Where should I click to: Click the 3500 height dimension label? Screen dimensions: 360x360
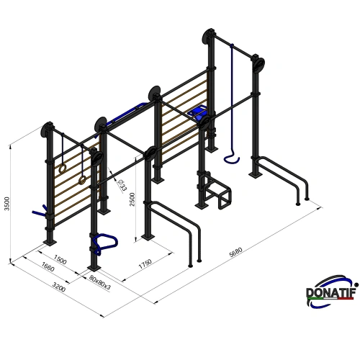7,204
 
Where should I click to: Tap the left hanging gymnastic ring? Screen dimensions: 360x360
63,167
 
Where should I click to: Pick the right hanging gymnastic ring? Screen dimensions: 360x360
84,180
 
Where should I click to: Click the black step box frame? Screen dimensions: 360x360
216,192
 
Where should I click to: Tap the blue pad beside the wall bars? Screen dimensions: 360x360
199,112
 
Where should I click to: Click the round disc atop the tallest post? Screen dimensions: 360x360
210,35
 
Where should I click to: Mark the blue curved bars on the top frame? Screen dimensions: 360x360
126,112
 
